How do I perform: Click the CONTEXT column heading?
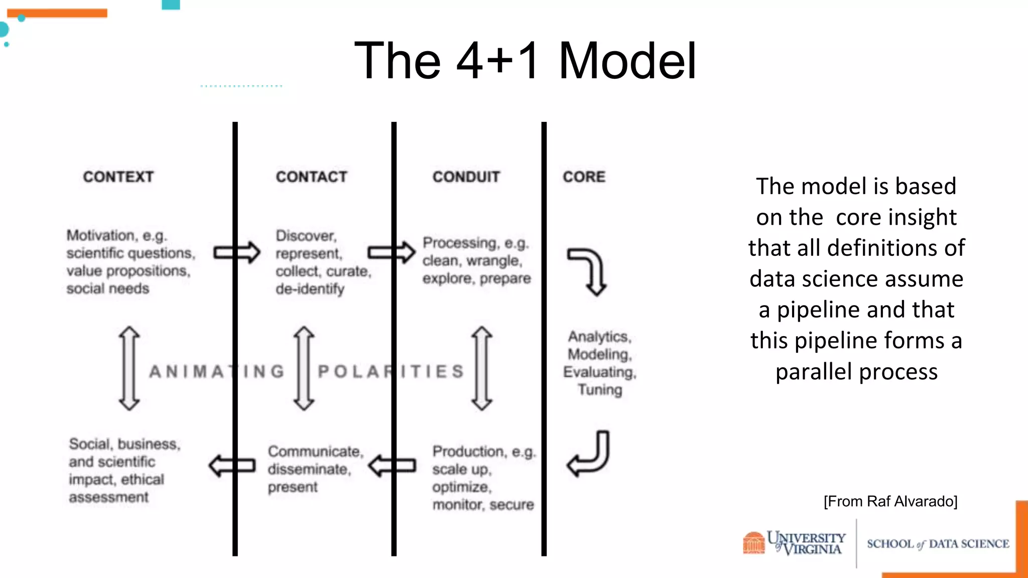(118, 177)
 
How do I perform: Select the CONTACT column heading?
(311, 177)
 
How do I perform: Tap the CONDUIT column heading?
(466, 177)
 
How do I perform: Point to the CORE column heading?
(584, 177)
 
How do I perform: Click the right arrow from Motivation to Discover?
(237, 252)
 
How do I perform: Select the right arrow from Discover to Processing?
(392, 252)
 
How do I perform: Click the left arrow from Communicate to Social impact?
(232, 466)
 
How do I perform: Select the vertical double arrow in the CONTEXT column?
(130, 369)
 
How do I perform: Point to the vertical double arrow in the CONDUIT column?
(482, 369)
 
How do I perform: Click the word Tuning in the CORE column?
(600, 390)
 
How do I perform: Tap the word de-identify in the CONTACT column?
(310, 289)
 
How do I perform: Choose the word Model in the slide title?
(627, 61)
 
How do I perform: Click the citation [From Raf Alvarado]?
(890, 501)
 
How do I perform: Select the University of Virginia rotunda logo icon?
(753, 543)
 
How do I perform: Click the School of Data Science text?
(938, 544)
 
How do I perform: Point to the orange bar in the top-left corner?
(57, 13)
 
